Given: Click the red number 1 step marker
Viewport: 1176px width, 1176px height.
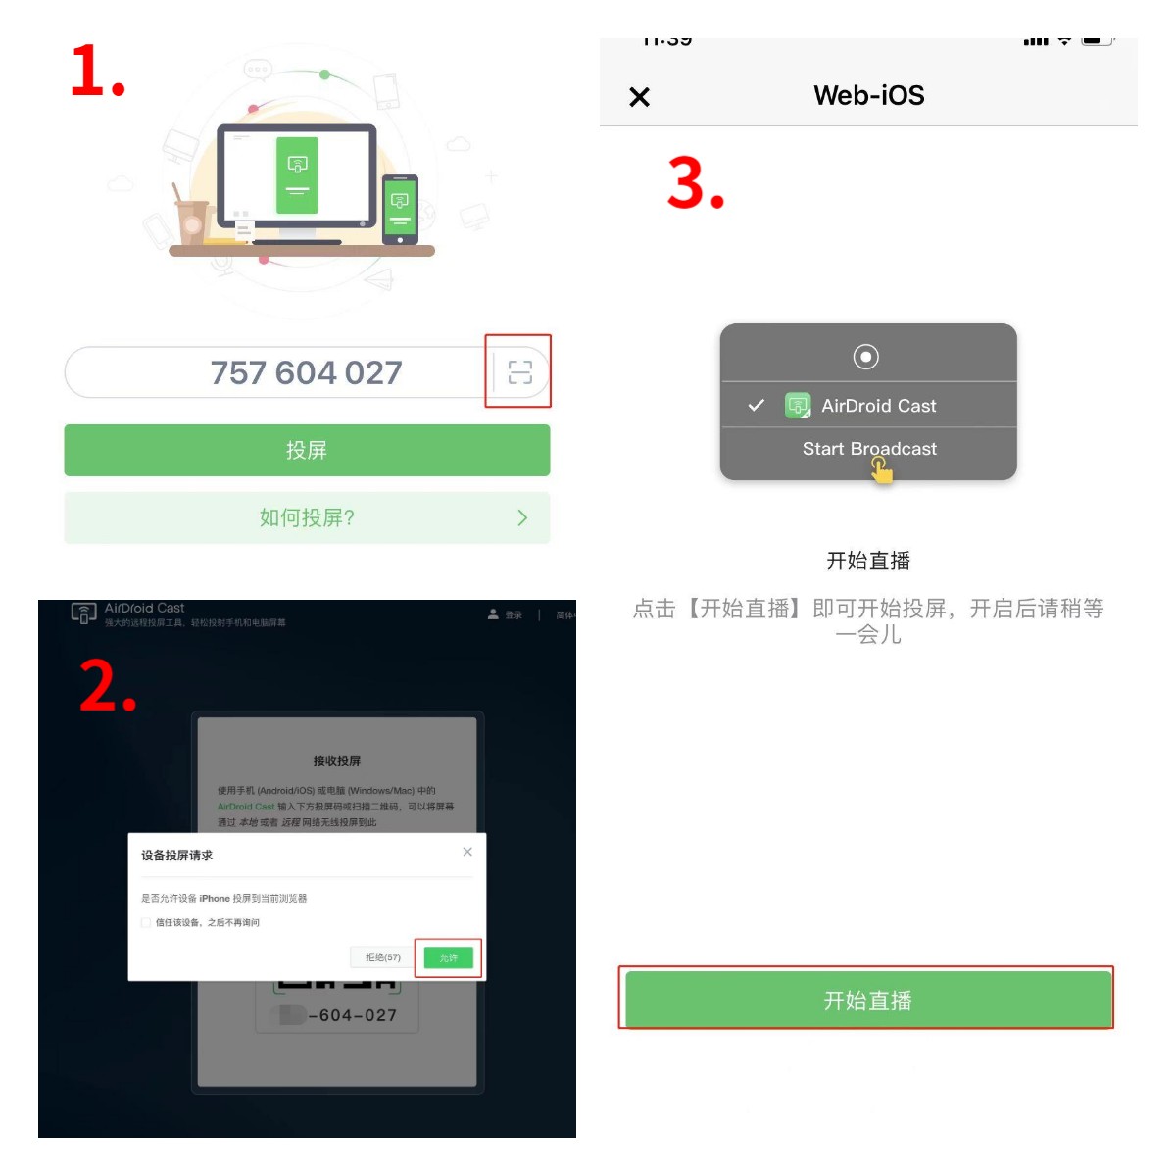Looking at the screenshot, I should pyautogui.click(x=96, y=72).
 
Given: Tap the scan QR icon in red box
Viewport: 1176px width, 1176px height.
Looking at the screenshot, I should pyautogui.click(x=519, y=371).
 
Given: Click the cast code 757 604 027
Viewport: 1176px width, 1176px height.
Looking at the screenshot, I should pyautogui.click(x=306, y=372).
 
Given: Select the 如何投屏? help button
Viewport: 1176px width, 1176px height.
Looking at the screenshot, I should pyautogui.click(x=307, y=517).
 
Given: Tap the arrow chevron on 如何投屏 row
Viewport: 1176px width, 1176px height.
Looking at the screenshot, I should pyautogui.click(x=522, y=517).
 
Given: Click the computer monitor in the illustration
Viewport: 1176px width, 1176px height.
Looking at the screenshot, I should pyautogui.click(x=297, y=176).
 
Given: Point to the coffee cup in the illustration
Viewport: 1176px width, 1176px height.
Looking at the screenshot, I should pyautogui.click(x=192, y=221).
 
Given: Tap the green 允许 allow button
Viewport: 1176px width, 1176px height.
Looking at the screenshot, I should pyautogui.click(x=449, y=957).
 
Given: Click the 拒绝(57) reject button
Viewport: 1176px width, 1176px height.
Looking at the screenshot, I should pyautogui.click(x=382, y=957).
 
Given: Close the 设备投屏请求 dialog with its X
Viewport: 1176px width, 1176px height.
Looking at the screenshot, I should pyautogui.click(x=467, y=852).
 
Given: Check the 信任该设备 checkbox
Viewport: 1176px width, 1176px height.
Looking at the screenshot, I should pyautogui.click(x=146, y=922).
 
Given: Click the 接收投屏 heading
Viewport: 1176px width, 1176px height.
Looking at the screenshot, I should pyautogui.click(x=336, y=760).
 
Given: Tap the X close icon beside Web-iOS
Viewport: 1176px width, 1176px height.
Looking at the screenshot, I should pyautogui.click(x=639, y=97).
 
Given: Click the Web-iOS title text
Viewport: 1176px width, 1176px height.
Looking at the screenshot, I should pyautogui.click(x=868, y=95).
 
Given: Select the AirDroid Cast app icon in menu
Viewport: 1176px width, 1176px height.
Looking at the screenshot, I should pyautogui.click(x=798, y=405).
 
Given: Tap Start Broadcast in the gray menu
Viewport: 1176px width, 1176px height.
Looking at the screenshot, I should pyautogui.click(x=869, y=449).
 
